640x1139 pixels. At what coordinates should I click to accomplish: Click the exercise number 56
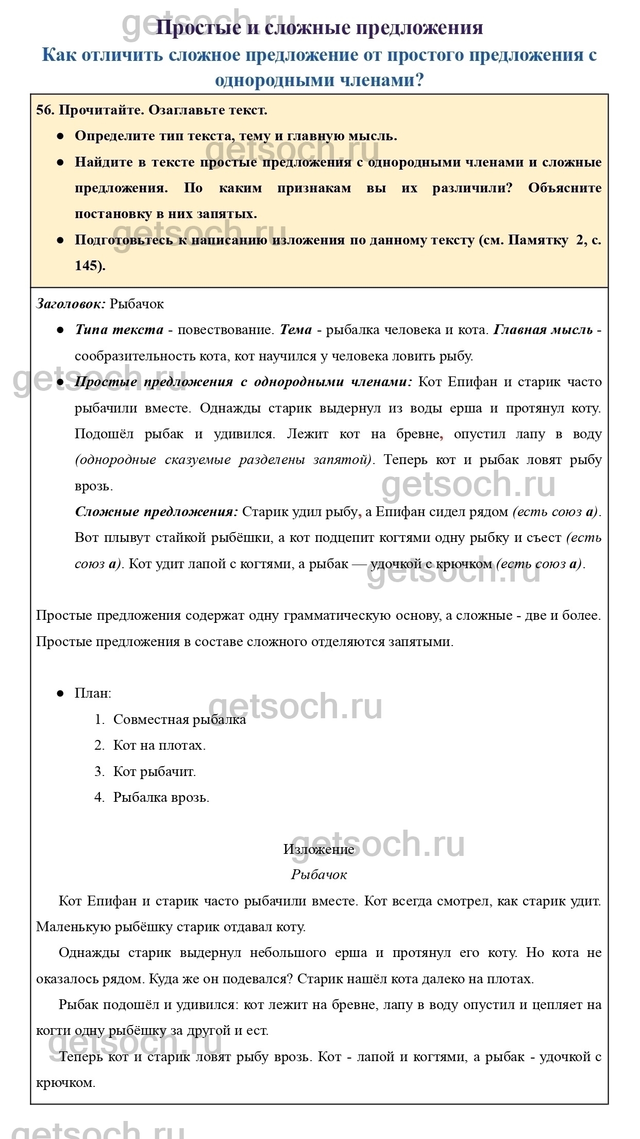45,110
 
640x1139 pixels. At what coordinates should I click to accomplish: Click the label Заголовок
71,304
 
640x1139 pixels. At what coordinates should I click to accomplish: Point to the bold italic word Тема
296,329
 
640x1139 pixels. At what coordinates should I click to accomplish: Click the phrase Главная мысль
543,329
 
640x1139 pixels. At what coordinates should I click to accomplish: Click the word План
92,693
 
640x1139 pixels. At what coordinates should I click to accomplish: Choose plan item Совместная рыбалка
179,719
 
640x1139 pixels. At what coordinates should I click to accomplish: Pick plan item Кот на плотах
159,745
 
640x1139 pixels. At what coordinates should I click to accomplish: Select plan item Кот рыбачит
155,771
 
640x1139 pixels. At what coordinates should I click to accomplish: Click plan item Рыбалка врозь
161,797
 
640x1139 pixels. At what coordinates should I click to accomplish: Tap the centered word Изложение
319,849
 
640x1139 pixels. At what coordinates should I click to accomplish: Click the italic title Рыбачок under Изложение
319,874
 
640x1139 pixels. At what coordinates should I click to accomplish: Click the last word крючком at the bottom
65,1082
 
